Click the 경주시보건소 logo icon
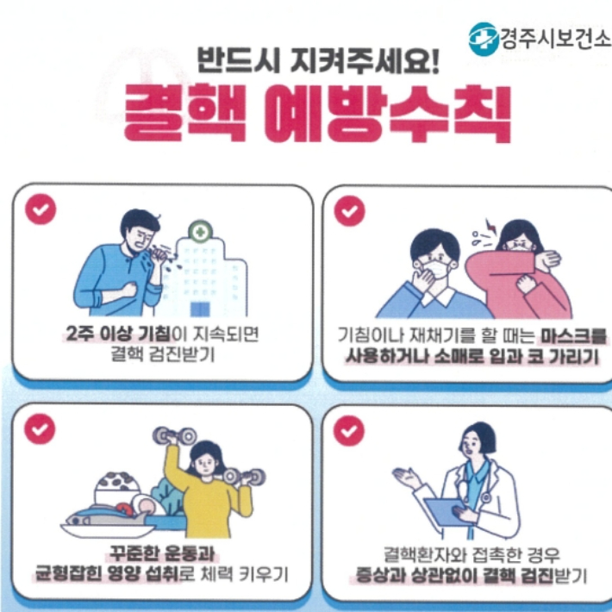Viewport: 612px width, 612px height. pos(484,39)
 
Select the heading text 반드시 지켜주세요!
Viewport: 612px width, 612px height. pos(318,60)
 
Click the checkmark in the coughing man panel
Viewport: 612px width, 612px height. pos(41,209)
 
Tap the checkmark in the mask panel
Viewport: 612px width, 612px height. pos(350,210)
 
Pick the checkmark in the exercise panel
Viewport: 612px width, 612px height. pos(41,428)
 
